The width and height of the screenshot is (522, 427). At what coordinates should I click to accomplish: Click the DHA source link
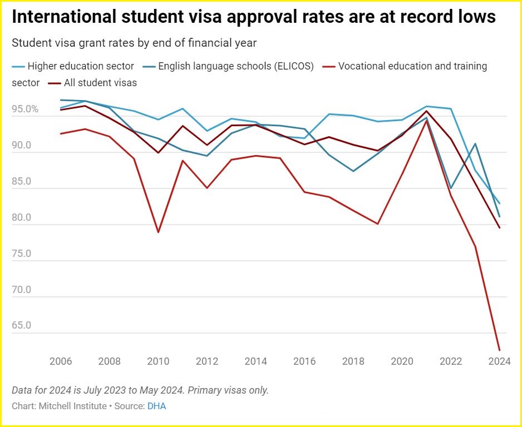pos(156,406)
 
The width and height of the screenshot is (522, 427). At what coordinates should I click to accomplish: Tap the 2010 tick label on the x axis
pos(158,361)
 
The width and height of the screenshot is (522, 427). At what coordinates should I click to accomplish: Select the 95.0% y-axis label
pos(25,110)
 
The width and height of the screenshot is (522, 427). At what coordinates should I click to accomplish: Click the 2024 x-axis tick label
pos(499,361)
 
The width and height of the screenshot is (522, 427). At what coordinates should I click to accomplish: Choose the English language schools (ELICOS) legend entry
pos(236,66)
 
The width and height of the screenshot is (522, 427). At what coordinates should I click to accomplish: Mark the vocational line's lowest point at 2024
pos(499,350)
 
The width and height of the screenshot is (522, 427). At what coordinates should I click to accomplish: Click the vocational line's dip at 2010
pos(158,232)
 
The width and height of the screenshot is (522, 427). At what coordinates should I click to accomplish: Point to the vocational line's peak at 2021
pos(426,120)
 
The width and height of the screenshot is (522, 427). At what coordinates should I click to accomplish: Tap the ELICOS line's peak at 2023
pos(475,143)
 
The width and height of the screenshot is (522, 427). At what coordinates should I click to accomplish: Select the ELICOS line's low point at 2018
pos(353,171)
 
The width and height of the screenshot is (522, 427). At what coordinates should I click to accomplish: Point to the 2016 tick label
pos(304,361)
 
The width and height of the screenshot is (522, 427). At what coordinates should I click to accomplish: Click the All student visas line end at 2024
pos(499,227)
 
